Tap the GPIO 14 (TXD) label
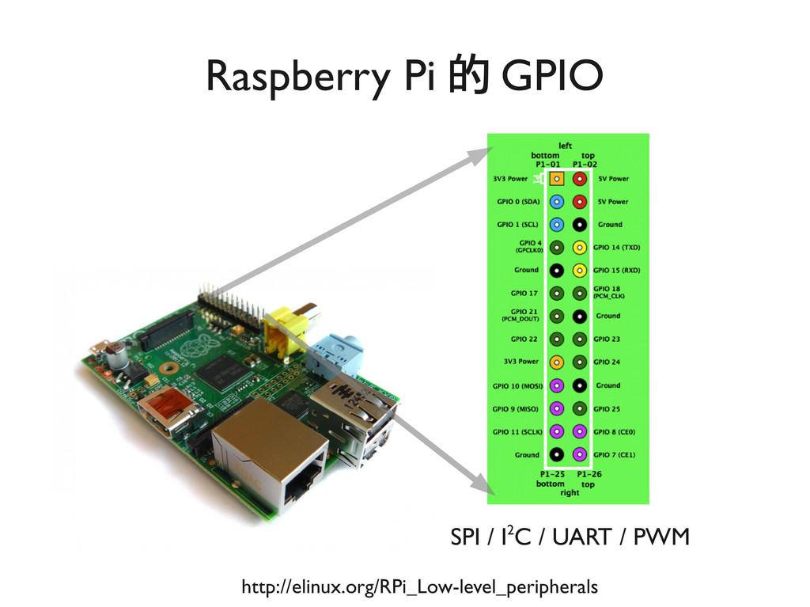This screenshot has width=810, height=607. pos(617,247)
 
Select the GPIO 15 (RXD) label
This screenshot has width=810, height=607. pos(617,270)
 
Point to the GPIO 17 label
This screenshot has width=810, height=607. pos(522,293)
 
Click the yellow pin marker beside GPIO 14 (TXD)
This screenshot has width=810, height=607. pos(580,247)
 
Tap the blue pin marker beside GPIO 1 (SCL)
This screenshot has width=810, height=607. pos(557,224)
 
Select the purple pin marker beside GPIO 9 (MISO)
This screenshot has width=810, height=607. pos(557,408)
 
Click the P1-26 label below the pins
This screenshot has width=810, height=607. pos(588,474)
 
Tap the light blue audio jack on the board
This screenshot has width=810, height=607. pos(332,353)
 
